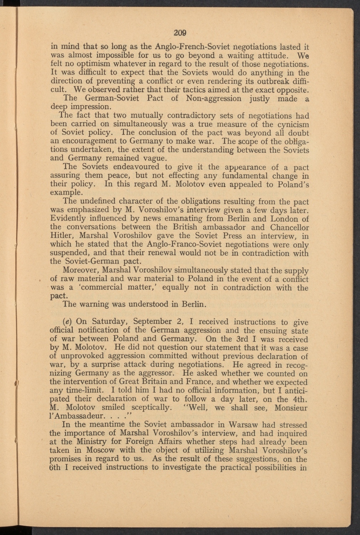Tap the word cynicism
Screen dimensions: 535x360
point(291,124)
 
